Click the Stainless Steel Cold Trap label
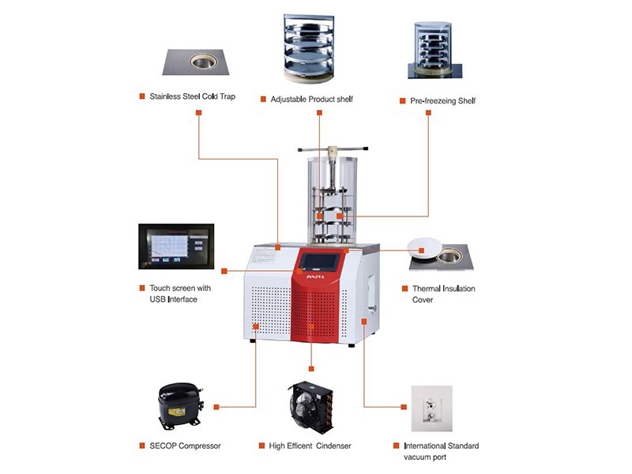[192, 97]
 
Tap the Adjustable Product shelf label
[311, 100]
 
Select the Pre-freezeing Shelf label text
[442, 100]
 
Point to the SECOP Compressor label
[185, 446]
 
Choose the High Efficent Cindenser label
[313, 446]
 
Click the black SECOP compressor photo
[176, 405]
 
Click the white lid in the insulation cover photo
[425, 246]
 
